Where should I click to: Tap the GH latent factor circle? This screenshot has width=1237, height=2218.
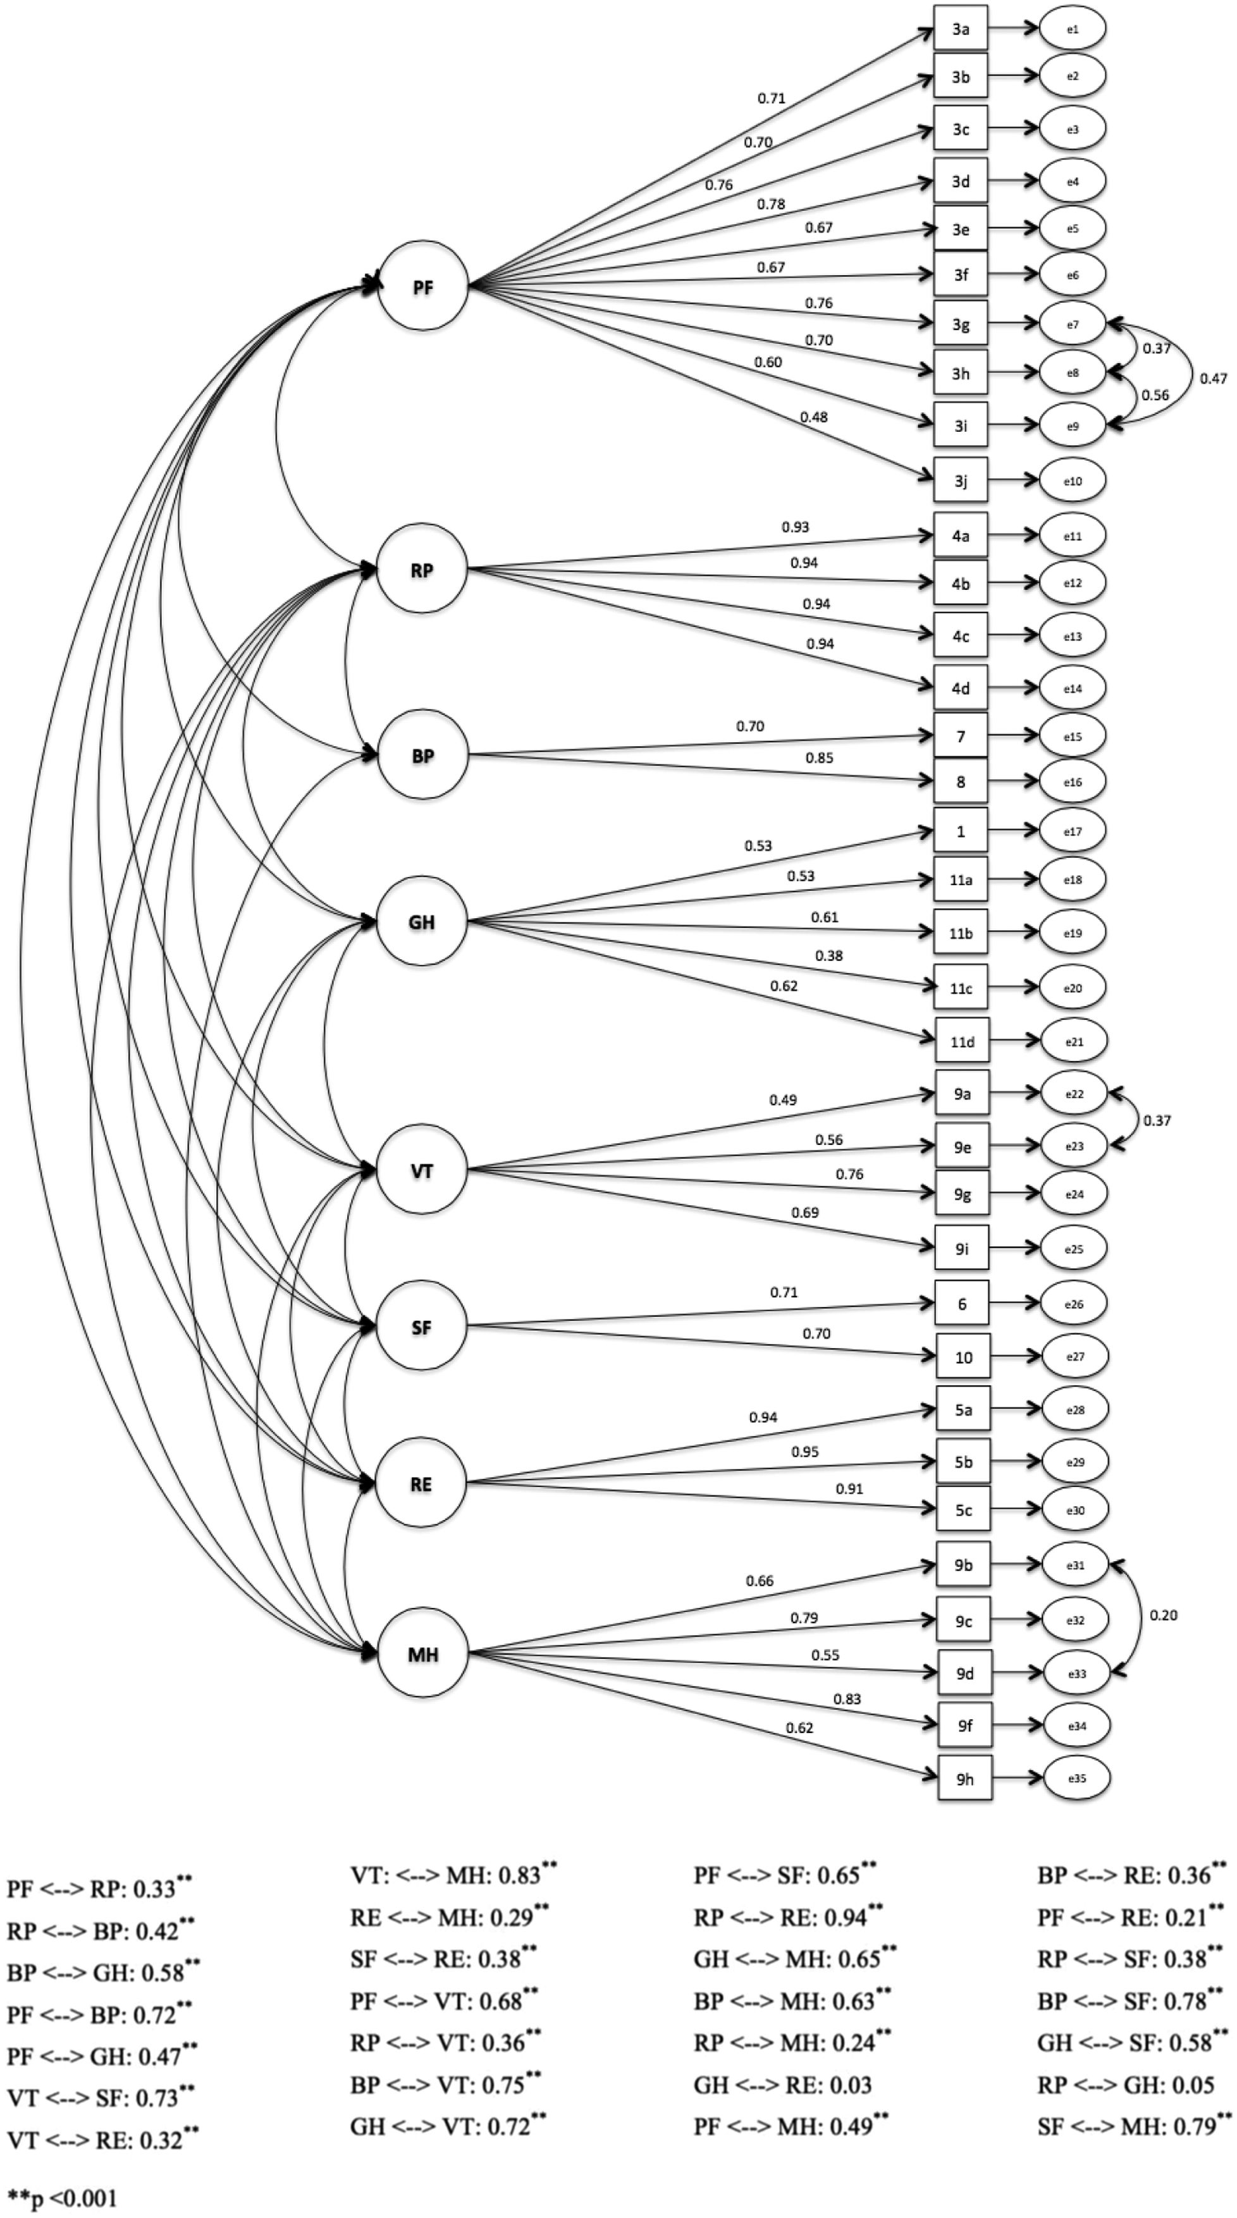click(x=421, y=922)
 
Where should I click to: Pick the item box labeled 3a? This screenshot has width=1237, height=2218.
click(x=961, y=29)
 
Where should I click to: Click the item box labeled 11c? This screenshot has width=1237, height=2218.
click(x=961, y=988)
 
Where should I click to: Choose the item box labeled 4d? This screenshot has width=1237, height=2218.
click(x=961, y=688)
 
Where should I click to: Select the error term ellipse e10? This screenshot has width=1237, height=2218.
click(x=1073, y=481)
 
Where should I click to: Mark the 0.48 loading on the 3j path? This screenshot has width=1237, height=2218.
click(x=813, y=417)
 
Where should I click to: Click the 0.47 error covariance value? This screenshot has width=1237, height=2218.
click(x=1213, y=378)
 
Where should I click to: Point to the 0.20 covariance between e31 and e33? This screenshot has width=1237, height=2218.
click(x=1163, y=1615)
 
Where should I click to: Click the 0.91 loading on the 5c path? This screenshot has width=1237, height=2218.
click(x=849, y=1489)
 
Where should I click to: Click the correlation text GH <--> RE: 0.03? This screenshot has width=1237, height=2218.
click(x=782, y=2085)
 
